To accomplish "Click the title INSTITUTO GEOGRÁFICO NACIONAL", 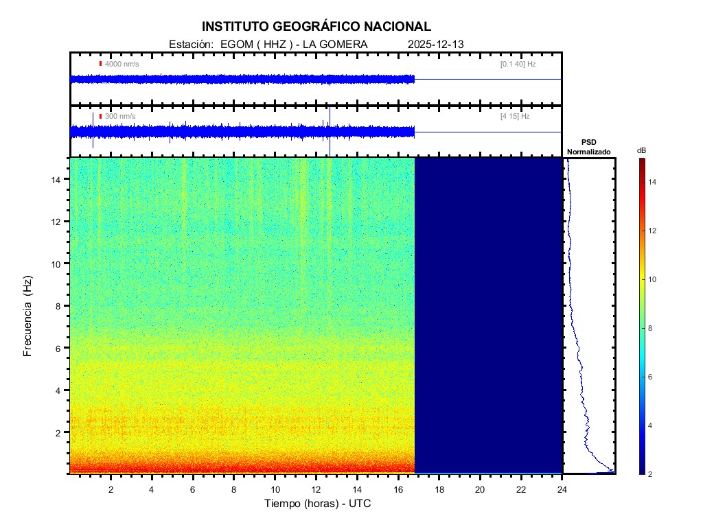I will pos(316,27).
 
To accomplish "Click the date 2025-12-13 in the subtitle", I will pos(436,45).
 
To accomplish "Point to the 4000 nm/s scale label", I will pos(122,64).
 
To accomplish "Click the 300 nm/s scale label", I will pos(119,117).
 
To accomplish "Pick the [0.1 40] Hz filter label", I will pos(518,64).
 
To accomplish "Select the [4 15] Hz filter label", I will pos(515,117).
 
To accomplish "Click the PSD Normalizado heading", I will pos(588,147).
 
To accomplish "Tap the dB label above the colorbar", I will pos(641,150).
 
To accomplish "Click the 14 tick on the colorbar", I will pos(654,182).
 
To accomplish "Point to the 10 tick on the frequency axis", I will pos(58,263).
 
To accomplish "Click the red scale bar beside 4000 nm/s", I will pos(100,64).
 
